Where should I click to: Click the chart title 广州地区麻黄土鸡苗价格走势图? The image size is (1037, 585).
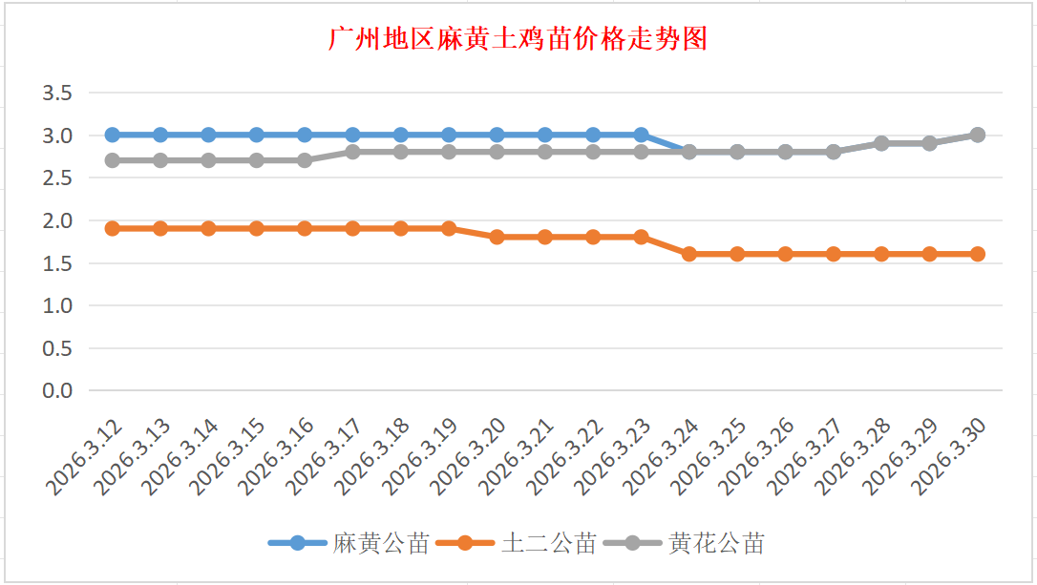(518, 40)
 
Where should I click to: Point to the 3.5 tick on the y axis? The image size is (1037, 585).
(57, 93)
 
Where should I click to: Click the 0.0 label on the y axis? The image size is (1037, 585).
(57, 390)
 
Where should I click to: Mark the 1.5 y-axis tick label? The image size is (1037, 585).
(57, 263)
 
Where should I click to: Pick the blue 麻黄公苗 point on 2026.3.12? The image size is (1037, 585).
(113, 135)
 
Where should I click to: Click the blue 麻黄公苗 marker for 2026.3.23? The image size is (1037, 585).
(641, 135)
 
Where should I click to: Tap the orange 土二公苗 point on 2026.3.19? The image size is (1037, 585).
(449, 228)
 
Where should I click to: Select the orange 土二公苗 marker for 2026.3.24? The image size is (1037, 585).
(689, 254)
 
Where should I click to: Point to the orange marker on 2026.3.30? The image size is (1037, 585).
(978, 254)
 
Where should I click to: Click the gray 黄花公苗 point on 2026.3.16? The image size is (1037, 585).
(305, 160)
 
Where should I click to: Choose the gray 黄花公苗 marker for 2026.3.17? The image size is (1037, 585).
(352, 152)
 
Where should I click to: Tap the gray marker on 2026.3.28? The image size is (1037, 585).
(881, 143)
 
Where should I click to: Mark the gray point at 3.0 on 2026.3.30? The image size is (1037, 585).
(978, 135)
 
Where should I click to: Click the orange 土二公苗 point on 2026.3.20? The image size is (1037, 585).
(497, 237)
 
